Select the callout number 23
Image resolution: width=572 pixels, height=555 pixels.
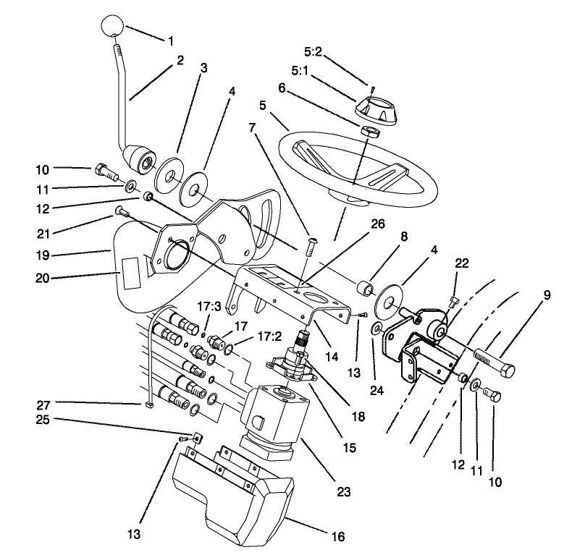pos(343,492)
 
